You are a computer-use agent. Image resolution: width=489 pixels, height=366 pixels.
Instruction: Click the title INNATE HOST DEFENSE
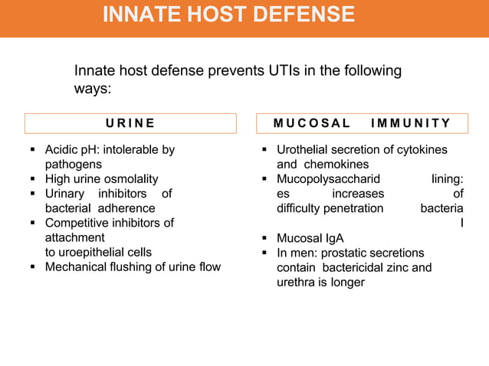228,15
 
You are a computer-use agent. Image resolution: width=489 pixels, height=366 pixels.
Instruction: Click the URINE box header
130,123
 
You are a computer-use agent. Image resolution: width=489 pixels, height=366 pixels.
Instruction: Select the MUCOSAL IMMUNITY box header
362,123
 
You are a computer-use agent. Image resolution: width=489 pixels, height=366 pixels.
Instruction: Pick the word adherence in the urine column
126,208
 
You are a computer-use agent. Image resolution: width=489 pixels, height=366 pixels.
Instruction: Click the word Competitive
79,223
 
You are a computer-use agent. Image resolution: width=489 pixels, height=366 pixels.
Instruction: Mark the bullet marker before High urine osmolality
32,179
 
